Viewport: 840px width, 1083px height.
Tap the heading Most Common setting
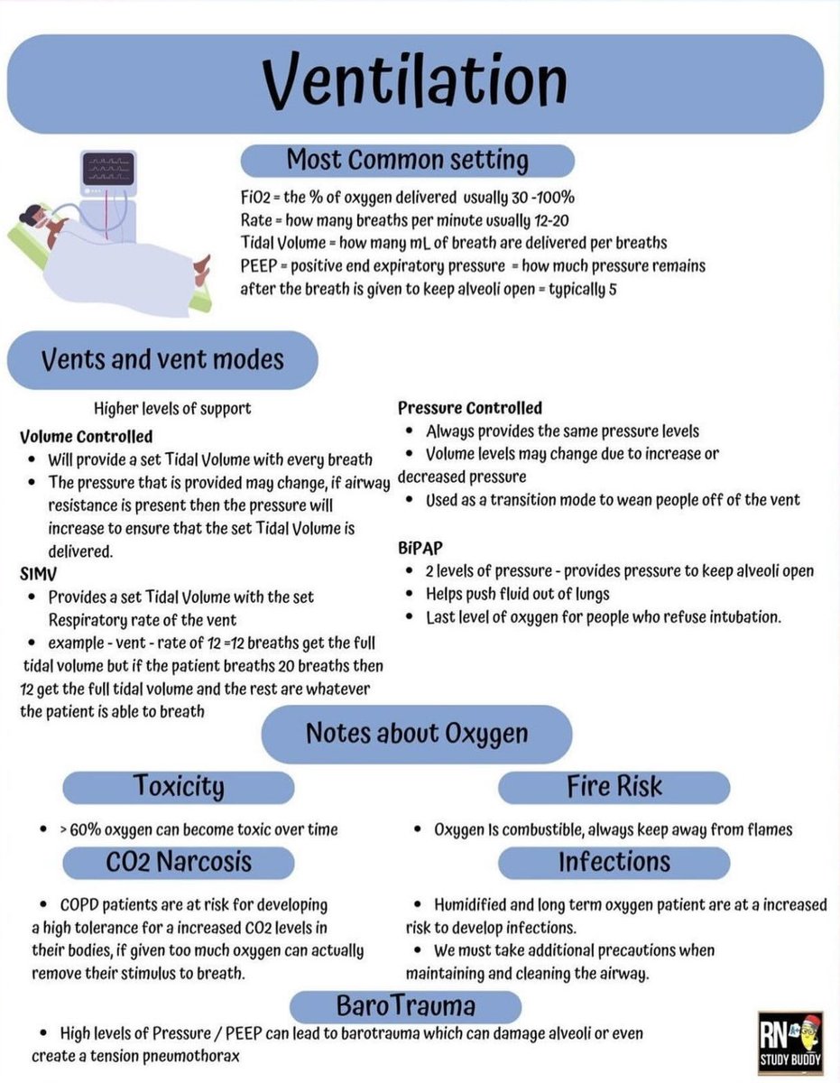[x=407, y=161]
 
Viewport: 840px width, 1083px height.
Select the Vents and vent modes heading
[x=162, y=360]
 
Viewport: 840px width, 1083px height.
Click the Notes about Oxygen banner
[x=416, y=733]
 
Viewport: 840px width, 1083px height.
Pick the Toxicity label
[x=179, y=786]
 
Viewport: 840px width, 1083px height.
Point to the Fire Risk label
[x=614, y=786]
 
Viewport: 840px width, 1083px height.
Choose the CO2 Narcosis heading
[x=179, y=861]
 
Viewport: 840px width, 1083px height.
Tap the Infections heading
[x=614, y=861]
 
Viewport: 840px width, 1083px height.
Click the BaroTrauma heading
[x=405, y=1005]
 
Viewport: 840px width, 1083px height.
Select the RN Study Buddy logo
[x=789, y=1042]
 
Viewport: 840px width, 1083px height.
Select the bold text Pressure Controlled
[x=470, y=408]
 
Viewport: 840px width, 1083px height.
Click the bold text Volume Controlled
[x=87, y=437]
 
